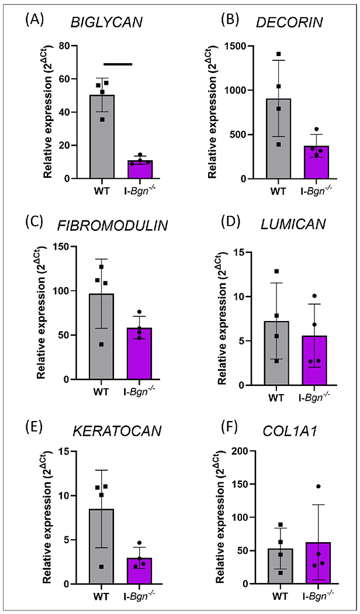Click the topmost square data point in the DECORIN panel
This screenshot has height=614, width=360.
pyautogui.click(x=262, y=54)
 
